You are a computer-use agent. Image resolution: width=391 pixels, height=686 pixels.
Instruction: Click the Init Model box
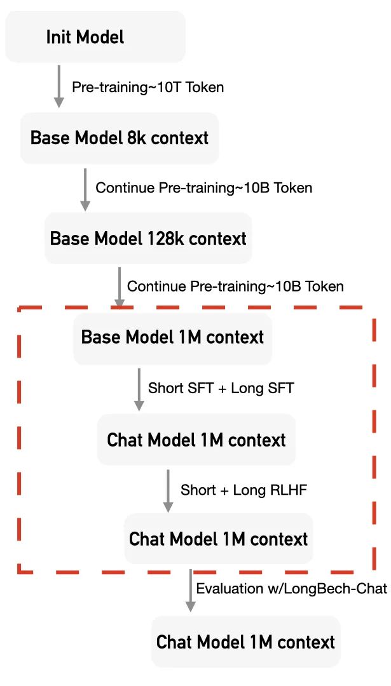(95, 37)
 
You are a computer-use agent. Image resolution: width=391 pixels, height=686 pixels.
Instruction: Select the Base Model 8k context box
(119, 138)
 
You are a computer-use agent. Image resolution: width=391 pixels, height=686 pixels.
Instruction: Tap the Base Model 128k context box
(148, 238)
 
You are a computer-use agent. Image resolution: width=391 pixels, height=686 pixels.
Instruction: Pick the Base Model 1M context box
(172, 338)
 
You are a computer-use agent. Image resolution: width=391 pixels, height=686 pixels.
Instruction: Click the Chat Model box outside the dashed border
(245, 642)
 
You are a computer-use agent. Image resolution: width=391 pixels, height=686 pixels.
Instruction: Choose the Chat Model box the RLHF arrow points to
(219, 539)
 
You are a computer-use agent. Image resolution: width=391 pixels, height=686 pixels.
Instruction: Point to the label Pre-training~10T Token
(148, 87)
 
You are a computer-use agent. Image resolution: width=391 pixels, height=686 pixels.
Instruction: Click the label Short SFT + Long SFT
(221, 387)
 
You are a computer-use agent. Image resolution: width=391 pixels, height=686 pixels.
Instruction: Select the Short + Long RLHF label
(244, 490)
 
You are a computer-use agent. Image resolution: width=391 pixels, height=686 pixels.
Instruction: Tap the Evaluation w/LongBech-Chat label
(292, 588)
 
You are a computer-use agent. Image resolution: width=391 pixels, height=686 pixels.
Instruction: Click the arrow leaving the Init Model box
(58, 86)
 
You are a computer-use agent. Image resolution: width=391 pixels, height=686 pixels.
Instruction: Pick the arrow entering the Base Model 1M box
(119, 288)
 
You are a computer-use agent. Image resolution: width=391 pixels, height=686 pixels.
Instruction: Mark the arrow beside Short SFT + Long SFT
(139, 389)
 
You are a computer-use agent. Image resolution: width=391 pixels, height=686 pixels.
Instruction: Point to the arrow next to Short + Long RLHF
(168, 491)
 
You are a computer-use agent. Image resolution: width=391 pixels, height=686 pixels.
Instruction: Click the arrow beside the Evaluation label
(190, 591)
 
